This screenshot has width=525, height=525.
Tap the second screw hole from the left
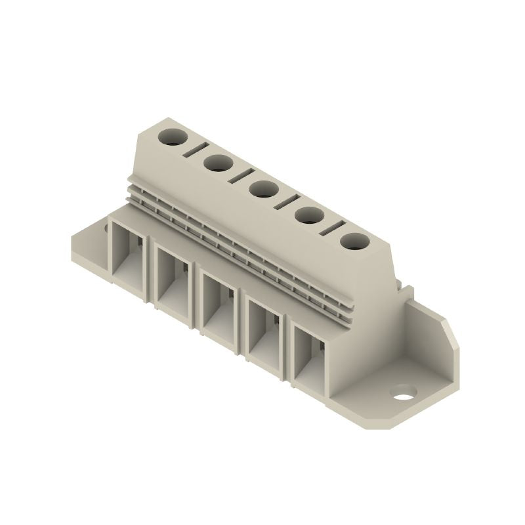click(216, 163)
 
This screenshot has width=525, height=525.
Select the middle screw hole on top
click(262, 189)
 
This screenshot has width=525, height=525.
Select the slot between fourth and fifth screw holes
click(331, 226)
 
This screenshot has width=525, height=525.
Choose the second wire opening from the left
click(173, 278)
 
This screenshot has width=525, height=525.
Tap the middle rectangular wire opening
click(219, 303)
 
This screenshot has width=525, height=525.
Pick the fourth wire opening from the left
click(265, 331)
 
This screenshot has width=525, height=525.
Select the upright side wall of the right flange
click(430, 341)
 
